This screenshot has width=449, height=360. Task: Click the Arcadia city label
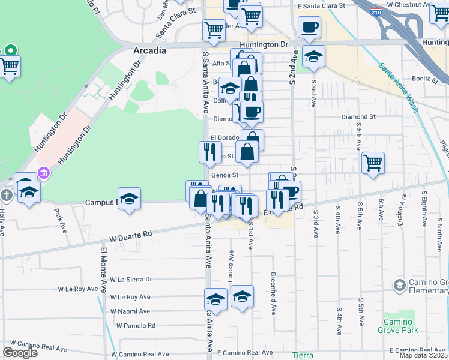pyautogui.click(x=149, y=51)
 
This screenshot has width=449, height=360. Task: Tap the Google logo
pyautogui.click(x=20, y=353)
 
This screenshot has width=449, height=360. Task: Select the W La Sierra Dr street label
pyautogui.click(x=131, y=279)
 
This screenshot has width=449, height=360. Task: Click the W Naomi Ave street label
pyautogui.click(x=130, y=311)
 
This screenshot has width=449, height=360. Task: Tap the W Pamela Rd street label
pyautogui.click(x=136, y=326)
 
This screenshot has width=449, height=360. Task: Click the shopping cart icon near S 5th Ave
pyautogui.click(x=373, y=162)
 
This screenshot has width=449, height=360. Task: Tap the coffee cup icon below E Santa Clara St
pyautogui.click(x=309, y=28)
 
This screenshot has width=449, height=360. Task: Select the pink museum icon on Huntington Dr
pyautogui.click(x=43, y=174)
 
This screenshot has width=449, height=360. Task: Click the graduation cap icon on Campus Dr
pyautogui.click(x=129, y=199)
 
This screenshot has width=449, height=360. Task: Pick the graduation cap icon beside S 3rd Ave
pyautogui.click(x=313, y=57)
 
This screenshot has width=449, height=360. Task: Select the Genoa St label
pyautogui.click(x=225, y=175)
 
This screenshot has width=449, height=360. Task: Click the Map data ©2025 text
pyautogui.click(x=424, y=355)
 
